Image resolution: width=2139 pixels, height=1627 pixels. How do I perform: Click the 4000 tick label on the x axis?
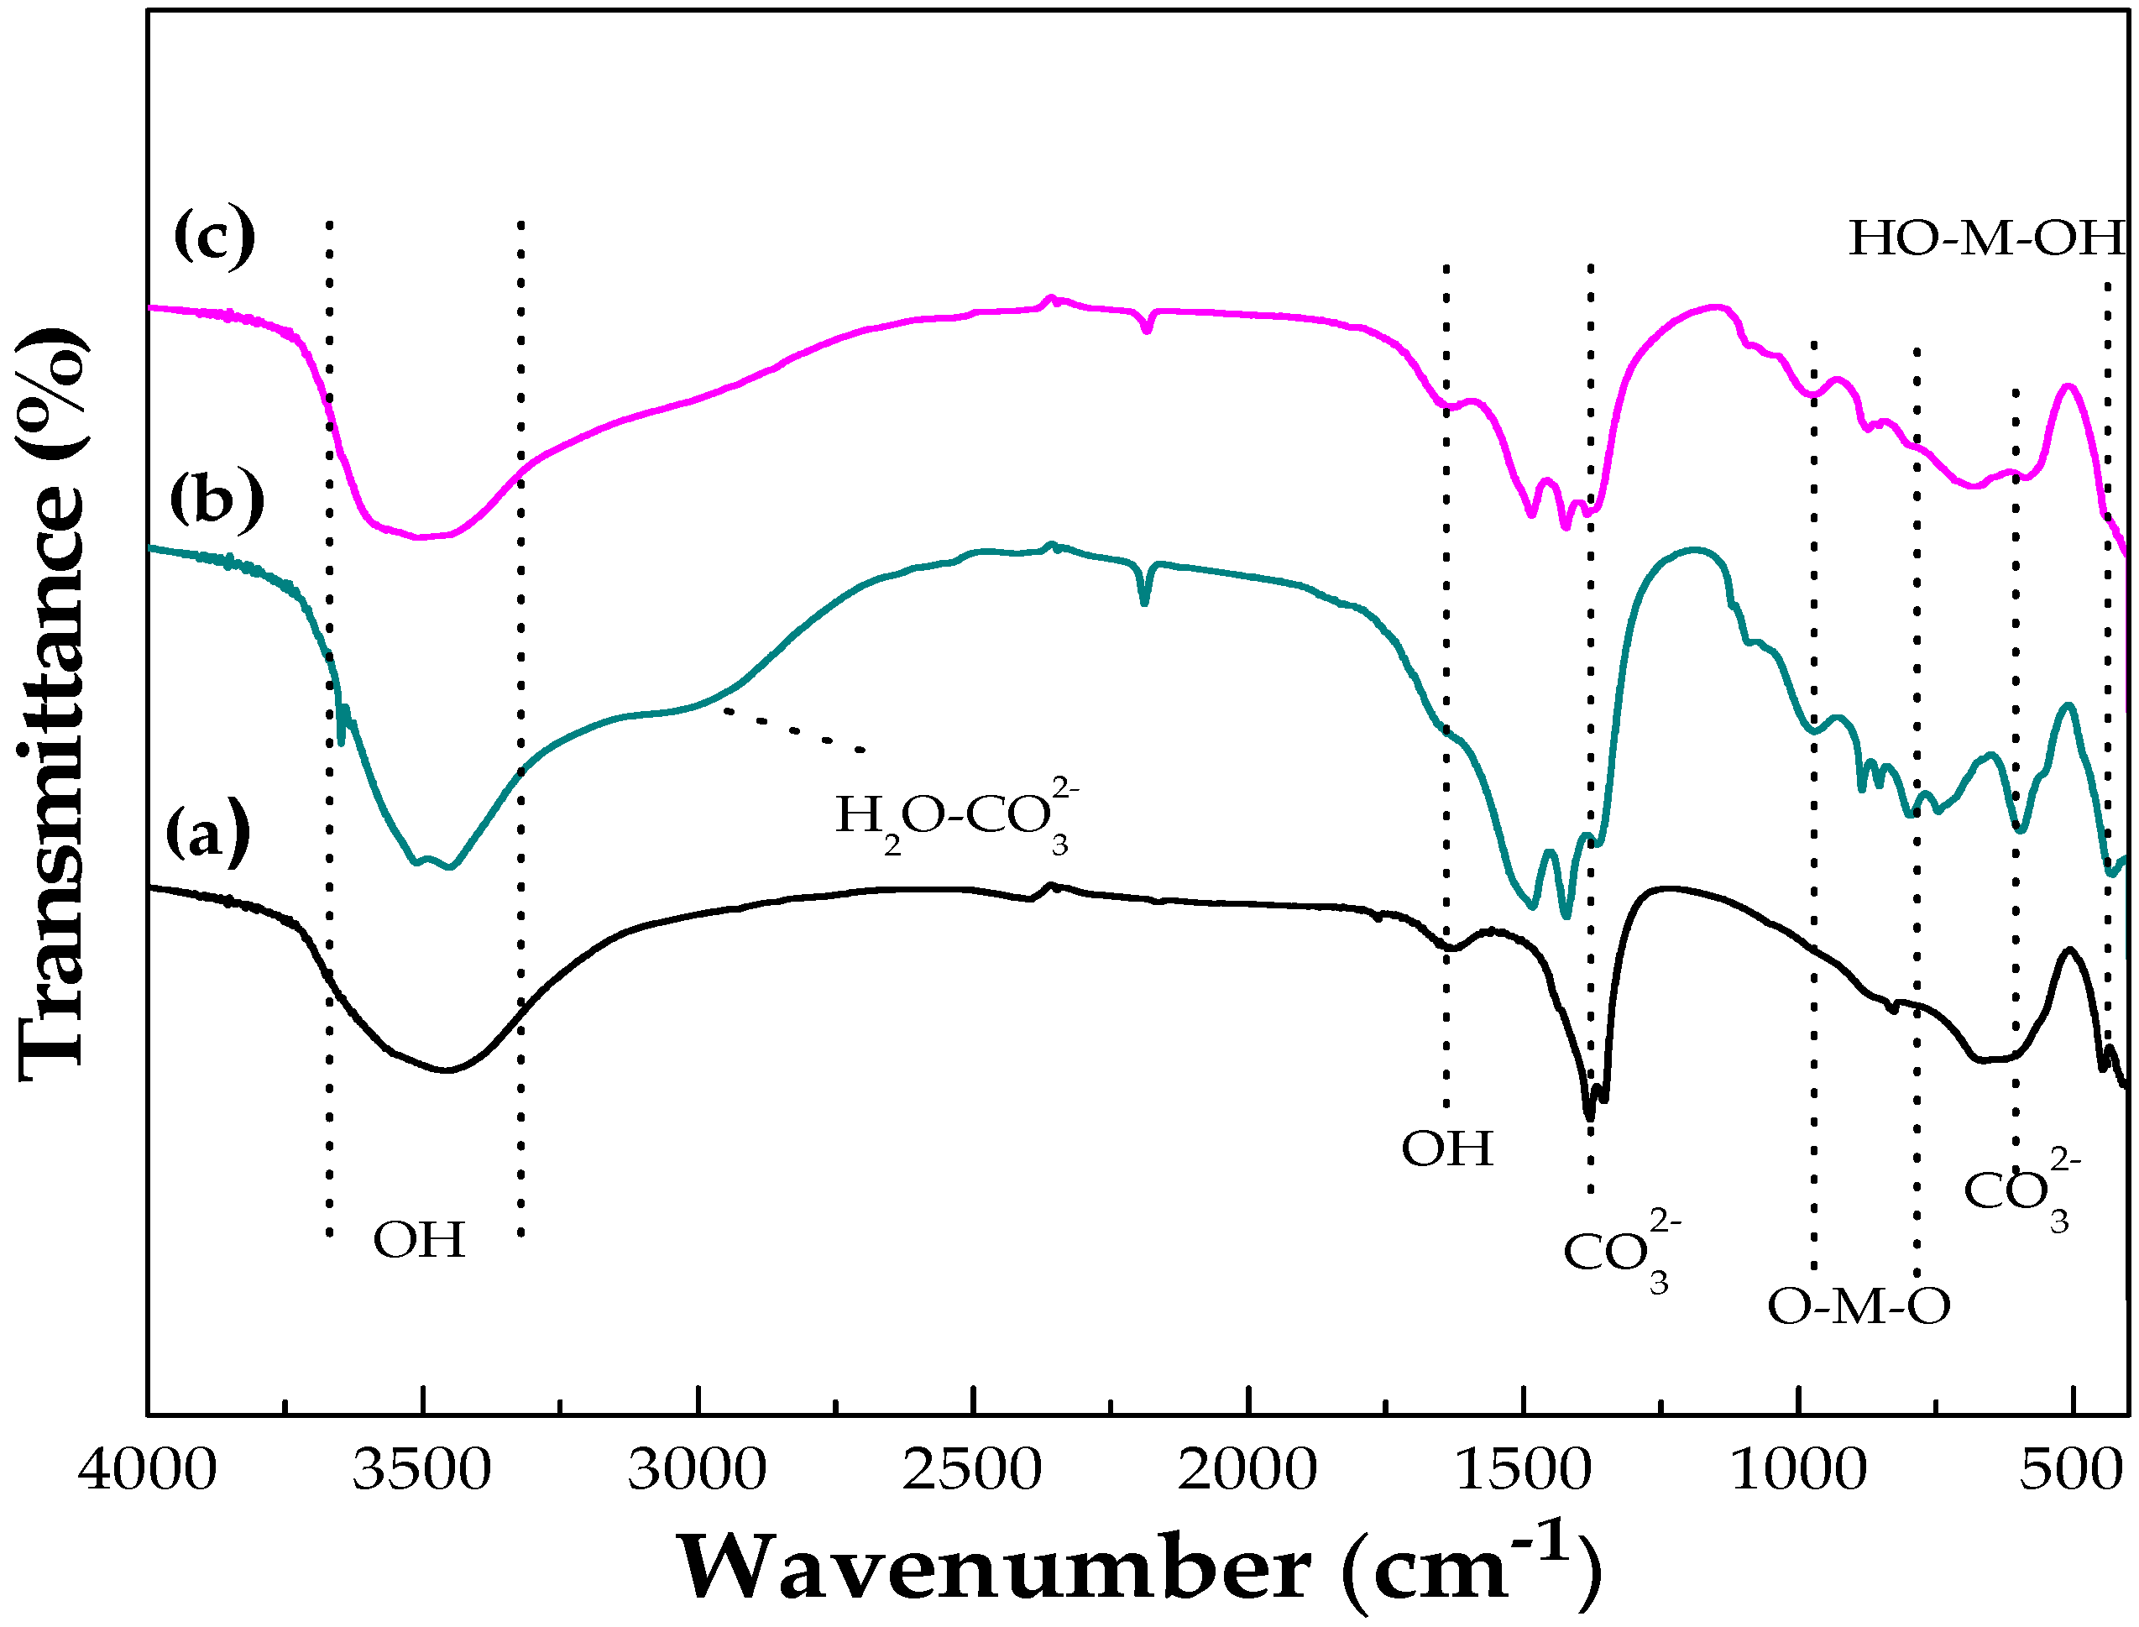148,1470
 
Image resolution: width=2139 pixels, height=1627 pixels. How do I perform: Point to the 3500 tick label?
422,1470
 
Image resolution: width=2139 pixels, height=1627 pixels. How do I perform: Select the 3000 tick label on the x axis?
697,1470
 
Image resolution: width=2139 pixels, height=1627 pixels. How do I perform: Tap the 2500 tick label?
972,1470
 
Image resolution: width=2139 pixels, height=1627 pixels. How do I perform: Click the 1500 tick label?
1522,1470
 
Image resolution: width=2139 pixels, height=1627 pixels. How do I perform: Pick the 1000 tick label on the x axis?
1797,1470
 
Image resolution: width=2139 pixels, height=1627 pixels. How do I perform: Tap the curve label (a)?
207,833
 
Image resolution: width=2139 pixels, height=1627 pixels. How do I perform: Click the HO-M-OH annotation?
1986,238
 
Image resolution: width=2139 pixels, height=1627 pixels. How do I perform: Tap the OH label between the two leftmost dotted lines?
419,1240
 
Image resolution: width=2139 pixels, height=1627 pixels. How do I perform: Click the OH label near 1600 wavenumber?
1447,1148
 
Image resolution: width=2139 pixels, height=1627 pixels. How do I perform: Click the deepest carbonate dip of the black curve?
1589,1117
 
